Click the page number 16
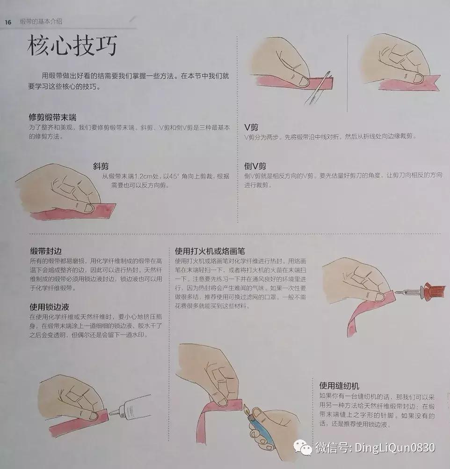(x=8, y=22)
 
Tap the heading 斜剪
(x=101, y=166)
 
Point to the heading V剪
(x=251, y=127)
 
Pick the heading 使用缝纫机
(x=339, y=386)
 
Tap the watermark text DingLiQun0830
(x=394, y=447)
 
